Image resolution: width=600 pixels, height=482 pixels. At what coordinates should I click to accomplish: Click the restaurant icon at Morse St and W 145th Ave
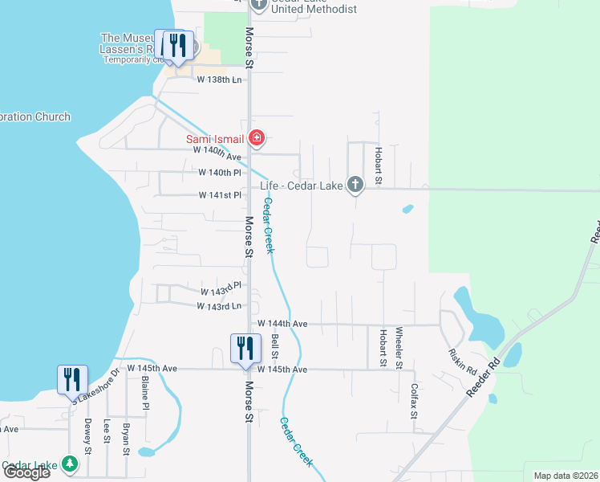click(245, 347)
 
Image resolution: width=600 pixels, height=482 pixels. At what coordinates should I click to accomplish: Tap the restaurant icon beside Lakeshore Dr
click(72, 379)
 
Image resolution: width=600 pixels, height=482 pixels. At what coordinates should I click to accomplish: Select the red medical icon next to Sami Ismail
click(256, 138)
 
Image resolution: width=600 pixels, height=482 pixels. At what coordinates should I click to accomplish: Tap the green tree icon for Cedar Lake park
click(71, 464)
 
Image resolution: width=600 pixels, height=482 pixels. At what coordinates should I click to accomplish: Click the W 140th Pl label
click(220, 173)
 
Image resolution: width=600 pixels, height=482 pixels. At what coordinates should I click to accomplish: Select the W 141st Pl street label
click(220, 195)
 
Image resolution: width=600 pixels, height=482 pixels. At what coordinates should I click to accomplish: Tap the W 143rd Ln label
click(220, 306)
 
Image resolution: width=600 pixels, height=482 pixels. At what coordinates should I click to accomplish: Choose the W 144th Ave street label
click(282, 324)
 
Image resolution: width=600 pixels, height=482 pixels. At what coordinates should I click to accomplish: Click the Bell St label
click(275, 347)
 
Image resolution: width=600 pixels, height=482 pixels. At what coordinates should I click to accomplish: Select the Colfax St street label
click(415, 400)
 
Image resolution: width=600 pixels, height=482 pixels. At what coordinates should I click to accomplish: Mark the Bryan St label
click(126, 439)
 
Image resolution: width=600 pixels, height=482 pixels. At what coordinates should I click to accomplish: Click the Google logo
click(26, 472)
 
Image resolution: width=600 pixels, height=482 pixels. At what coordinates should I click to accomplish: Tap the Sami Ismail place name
click(215, 139)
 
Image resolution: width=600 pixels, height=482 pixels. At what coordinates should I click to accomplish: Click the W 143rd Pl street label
click(221, 289)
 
